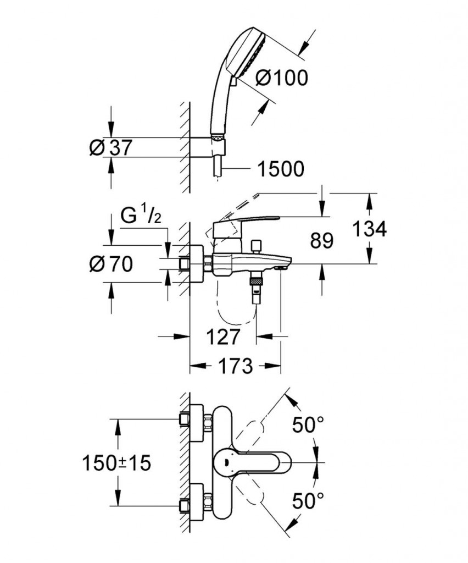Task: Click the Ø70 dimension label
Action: (110, 264)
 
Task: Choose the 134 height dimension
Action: (370, 228)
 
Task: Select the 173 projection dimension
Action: (235, 366)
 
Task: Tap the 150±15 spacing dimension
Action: (115, 463)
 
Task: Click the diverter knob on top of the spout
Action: (255, 245)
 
